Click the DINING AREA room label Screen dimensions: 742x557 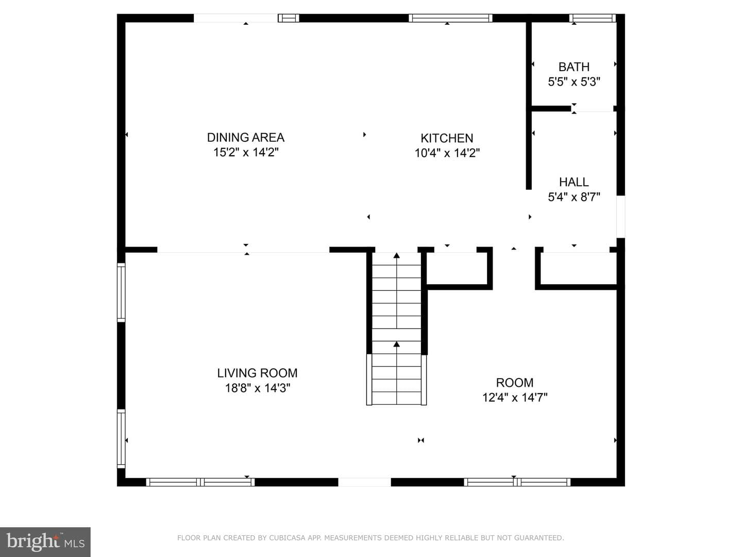[246, 137]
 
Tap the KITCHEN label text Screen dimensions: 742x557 [447, 138]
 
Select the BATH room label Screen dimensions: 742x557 [574, 67]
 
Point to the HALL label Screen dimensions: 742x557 [574, 182]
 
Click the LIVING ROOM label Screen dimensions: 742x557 [257, 373]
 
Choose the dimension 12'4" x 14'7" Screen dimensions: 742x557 [514, 397]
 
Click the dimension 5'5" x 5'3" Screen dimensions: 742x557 [574, 82]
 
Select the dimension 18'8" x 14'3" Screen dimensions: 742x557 [258, 388]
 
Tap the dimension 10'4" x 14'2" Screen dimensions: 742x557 [447, 153]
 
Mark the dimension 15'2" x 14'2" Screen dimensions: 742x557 [246, 152]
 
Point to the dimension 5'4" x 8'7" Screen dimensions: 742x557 [574, 197]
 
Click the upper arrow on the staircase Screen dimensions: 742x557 [397, 290]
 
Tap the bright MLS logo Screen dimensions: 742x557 [45, 542]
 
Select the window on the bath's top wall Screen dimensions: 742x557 [592, 18]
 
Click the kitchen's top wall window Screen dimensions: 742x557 [450, 18]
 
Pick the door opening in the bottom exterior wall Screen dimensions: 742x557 [364, 482]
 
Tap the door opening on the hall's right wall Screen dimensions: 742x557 [620, 217]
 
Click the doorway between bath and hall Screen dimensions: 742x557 [592, 108]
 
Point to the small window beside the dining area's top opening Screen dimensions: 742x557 [289, 18]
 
